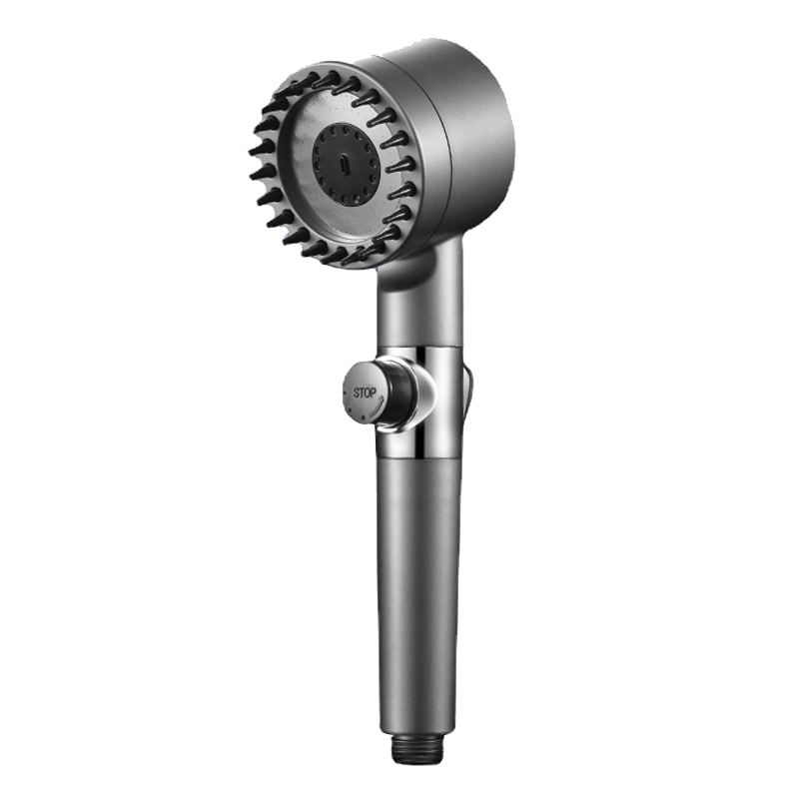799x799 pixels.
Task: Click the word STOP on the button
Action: point(365,393)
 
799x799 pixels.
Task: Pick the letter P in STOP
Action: point(374,393)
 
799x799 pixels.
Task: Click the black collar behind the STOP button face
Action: point(396,388)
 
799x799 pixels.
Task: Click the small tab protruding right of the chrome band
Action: point(468,393)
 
